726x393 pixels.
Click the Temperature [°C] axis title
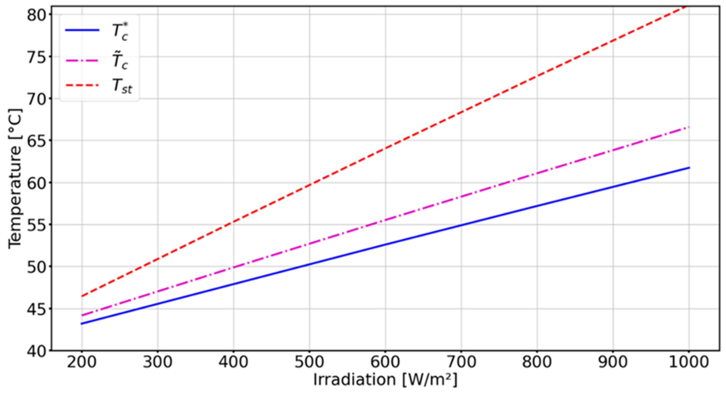pos(15,179)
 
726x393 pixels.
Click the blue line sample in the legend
pos(82,30)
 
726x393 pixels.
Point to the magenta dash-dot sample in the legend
pos(82,60)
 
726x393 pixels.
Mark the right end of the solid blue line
pos(689,168)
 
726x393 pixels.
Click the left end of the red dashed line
pos(82,296)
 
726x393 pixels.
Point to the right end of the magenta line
pos(689,127)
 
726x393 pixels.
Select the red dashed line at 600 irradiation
pos(385,148)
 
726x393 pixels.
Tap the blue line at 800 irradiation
pos(537,206)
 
